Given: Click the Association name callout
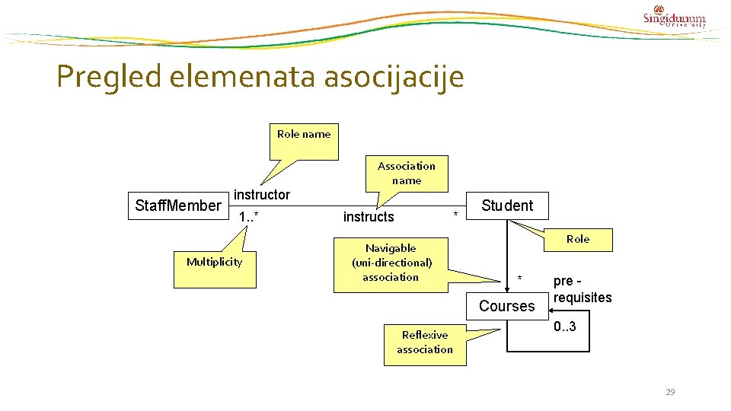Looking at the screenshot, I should click(407, 173).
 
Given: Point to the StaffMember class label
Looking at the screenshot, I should click(178, 205).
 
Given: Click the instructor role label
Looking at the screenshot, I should click(262, 195).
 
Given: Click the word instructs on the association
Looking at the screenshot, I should click(369, 217).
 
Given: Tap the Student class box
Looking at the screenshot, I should click(507, 205).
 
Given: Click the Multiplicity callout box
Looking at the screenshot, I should click(214, 262).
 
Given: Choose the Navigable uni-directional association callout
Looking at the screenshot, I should click(391, 263).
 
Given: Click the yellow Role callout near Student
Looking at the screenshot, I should click(577, 239).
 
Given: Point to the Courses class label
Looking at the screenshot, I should click(507, 306).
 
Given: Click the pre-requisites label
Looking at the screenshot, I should click(583, 289).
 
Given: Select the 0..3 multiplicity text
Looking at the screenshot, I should click(565, 327).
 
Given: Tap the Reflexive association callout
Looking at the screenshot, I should click(425, 342).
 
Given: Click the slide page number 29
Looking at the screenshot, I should click(670, 392).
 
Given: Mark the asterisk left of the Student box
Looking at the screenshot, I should click(456, 215).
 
